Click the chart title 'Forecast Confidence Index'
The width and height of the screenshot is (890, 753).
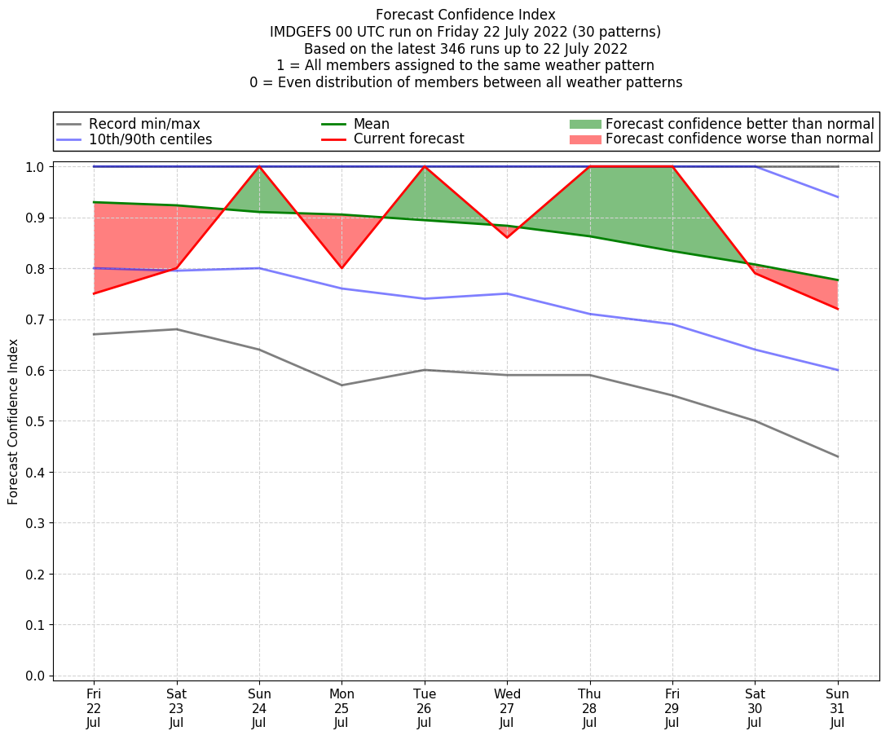pos(465,15)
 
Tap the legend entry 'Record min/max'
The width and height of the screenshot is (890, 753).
pos(144,124)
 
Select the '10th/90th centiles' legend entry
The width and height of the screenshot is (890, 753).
pos(150,139)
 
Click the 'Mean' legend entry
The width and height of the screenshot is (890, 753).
pos(371,124)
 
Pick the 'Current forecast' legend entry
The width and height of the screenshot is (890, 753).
pos(408,139)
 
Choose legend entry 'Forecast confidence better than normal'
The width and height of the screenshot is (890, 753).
pos(739,124)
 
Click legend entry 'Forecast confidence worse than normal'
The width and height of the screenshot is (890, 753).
pos(739,139)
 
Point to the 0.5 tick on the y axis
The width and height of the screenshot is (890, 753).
pos(37,421)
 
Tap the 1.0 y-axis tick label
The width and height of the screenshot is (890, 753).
pos(37,167)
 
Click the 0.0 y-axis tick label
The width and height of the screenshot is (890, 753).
pos(37,676)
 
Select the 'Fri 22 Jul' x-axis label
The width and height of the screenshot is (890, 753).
pos(94,707)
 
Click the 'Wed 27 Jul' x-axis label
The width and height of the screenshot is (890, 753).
pos(507,707)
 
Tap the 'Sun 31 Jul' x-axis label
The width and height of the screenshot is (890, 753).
pos(837,707)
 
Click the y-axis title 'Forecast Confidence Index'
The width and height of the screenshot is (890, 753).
pos(14,421)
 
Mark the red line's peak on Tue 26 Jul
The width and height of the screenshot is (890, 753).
pos(425,166)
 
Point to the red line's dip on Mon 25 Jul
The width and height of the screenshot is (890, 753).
pos(341,268)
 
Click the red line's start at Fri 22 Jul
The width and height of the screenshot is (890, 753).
pos(94,293)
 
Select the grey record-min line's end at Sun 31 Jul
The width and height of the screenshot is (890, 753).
pos(837,456)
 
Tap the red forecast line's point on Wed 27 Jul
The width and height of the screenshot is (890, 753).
pos(507,237)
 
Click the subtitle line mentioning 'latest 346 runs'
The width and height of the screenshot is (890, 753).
pos(465,49)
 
